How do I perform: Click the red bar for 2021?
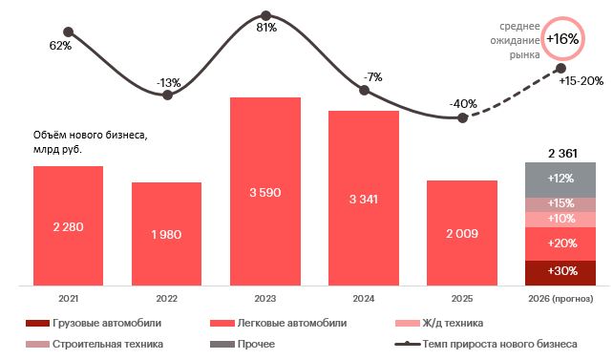pos(68,225)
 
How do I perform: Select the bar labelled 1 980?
pos(166,234)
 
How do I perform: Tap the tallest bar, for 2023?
pos(264,191)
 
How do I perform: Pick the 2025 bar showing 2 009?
pos(461,233)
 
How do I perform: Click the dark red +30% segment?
pos(560,272)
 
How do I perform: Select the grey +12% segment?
pos(560,180)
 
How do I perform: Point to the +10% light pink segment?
pos(560,220)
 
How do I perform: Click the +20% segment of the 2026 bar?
pos(560,244)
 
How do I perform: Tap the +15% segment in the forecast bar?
pos(560,204)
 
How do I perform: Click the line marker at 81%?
pos(265,15)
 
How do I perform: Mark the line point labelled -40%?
pos(462,117)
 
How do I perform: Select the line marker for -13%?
pos(167,95)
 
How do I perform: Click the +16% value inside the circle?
pos(562,39)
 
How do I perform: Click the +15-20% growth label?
pos(581,81)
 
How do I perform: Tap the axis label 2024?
pos(363,299)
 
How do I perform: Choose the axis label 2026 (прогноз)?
pos(560,299)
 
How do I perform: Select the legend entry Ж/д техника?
pos(454,323)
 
